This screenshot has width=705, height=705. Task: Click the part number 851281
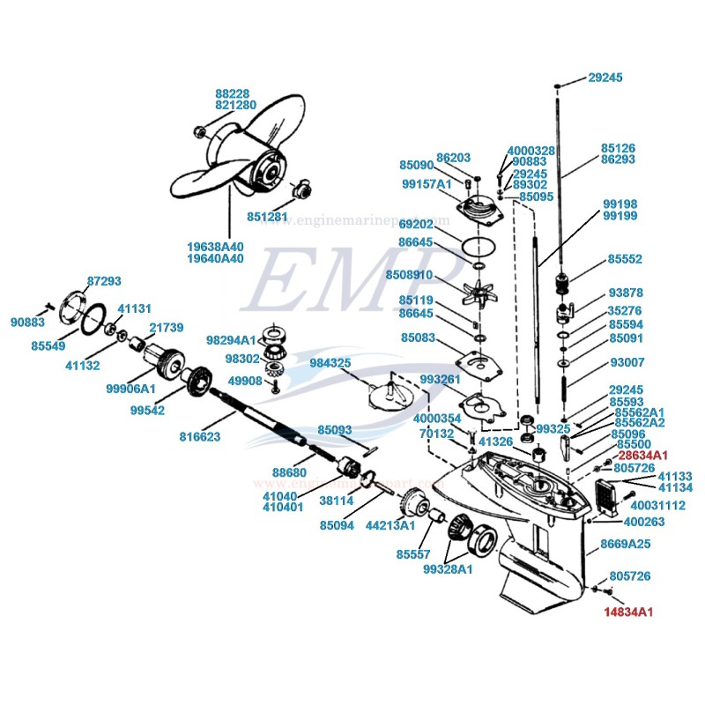[x=268, y=217]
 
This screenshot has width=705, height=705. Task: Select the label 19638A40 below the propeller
[x=216, y=246]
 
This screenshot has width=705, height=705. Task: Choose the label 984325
[x=330, y=362]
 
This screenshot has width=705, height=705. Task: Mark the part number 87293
[x=104, y=281]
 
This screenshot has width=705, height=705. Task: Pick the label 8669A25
[x=626, y=544]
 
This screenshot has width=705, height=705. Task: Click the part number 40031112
[x=660, y=505]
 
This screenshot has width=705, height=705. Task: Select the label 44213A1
[x=390, y=526]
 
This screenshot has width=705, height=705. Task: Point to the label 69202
[x=416, y=224]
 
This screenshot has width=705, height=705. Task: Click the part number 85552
[x=625, y=260]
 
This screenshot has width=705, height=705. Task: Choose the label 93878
[x=626, y=293]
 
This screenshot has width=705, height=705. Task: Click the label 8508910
[x=409, y=275]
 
